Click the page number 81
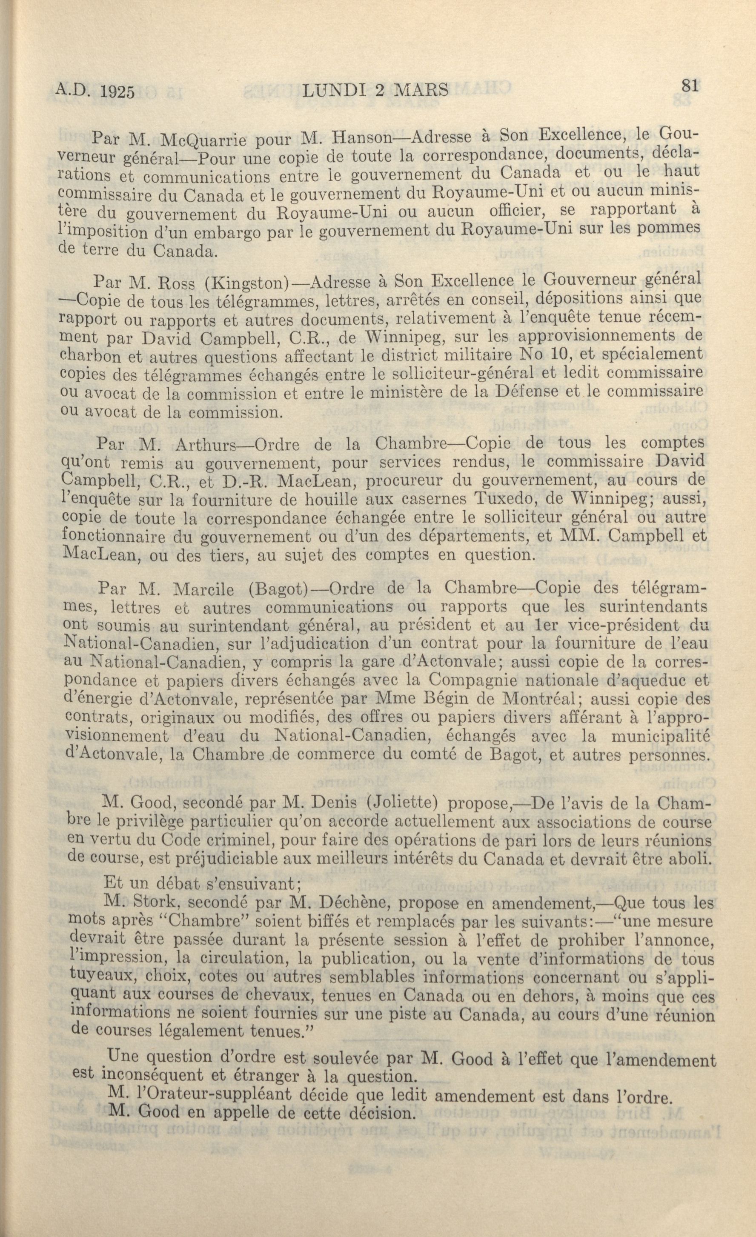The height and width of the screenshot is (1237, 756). click(690, 86)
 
